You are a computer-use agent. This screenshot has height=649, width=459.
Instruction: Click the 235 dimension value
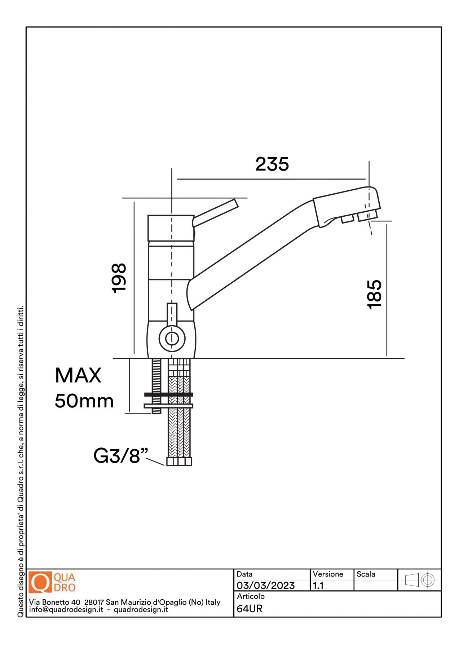click(272, 164)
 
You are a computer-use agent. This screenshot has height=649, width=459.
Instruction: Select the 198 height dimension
click(119, 278)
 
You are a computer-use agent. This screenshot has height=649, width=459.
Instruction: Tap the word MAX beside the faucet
click(78, 375)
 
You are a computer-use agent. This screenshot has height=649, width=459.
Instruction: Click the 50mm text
click(84, 401)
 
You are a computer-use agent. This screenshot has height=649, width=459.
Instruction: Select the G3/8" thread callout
click(120, 456)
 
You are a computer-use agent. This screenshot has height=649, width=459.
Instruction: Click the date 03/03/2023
click(266, 585)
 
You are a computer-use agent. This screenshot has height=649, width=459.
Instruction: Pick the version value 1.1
click(318, 585)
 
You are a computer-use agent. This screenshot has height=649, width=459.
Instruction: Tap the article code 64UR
click(250, 609)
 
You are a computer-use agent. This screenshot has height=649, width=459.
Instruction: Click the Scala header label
click(366, 574)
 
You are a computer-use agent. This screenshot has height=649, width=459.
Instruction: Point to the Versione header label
click(328, 574)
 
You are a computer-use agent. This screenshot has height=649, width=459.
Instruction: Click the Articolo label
click(251, 596)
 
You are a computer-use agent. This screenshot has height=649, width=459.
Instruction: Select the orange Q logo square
click(40, 582)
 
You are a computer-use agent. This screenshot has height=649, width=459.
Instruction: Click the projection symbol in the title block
click(419, 580)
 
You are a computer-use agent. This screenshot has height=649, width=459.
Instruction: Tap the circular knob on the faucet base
click(172, 339)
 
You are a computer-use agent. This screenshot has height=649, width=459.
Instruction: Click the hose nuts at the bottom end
click(179, 461)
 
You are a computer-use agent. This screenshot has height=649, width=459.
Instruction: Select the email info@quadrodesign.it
click(66, 610)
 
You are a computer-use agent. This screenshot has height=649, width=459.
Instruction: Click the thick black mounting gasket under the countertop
click(168, 394)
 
